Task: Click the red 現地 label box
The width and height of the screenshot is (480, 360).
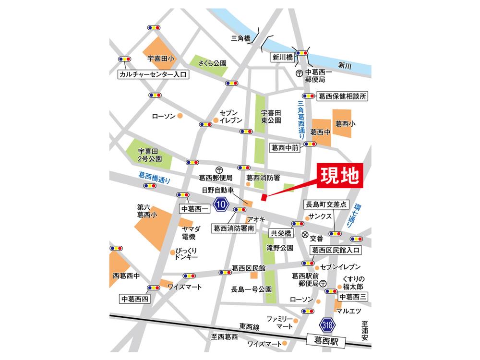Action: (340, 176)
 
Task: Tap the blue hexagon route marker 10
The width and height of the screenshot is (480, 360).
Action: (221, 204)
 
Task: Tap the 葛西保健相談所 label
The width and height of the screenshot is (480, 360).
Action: (342, 96)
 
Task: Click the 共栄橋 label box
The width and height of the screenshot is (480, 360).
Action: (280, 233)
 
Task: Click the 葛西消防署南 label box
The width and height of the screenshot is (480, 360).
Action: (234, 229)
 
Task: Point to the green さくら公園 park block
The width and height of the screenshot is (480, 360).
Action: (208, 62)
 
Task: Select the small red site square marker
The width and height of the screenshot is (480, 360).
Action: (263, 197)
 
